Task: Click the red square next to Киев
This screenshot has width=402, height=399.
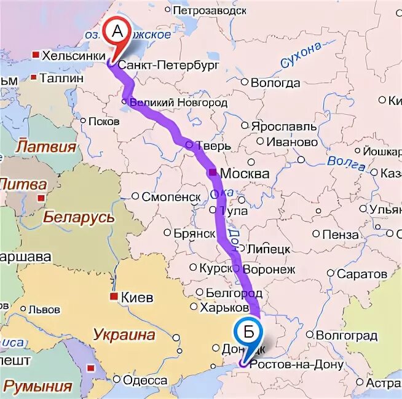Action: click(113, 296)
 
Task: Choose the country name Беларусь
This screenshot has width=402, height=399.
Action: click(79, 217)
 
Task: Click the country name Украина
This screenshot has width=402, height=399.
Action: click(124, 335)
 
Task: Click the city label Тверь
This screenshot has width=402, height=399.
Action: click(213, 146)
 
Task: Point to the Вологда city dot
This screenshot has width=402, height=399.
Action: click(245, 82)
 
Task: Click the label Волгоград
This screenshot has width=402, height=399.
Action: click(346, 336)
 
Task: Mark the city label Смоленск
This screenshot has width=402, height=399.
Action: click(171, 197)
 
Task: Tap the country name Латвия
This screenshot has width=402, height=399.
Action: click(46, 147)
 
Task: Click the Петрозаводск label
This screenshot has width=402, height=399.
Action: click(210, 10)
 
